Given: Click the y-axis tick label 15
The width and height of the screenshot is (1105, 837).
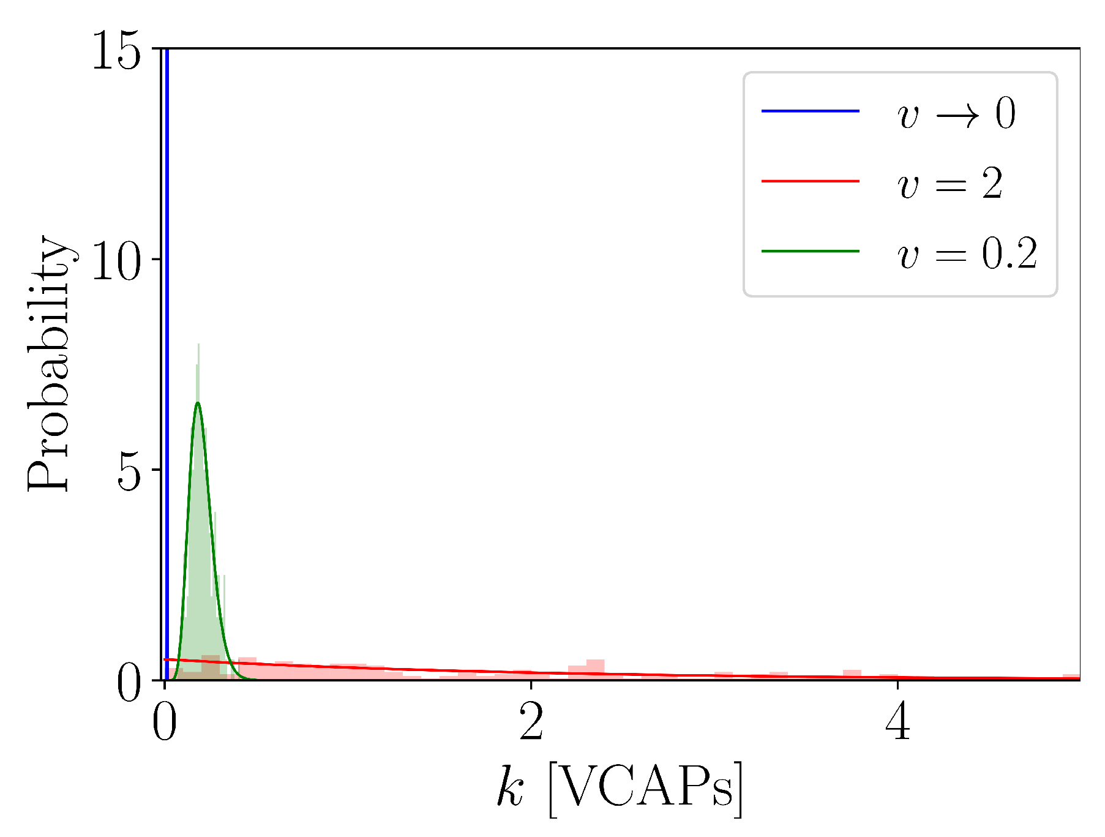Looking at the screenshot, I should pyautogui.click(x=116, y=51).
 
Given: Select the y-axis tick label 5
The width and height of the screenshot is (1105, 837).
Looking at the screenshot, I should pyautogui.click(x=130, y=471).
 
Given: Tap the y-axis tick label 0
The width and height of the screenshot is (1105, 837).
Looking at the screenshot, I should pyautogui.click(x=130, y=685).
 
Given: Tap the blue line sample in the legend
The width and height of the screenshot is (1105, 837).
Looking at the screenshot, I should pyautogui.click(x=810, y=111).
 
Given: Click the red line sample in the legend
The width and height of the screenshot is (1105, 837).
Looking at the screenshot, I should pyautogui.click(x=810, y=181).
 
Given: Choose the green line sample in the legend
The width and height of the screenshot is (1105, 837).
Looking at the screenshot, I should pyautogui.click(x=810, y=252).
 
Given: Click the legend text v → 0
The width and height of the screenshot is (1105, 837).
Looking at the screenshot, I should pyautogui.click(x=956, y=113).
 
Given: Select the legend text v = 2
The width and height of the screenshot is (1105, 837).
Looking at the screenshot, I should pyautogui.click(x=950, y=183).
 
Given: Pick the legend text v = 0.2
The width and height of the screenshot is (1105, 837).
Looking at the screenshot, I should pyautogui.click(x=967, y=253).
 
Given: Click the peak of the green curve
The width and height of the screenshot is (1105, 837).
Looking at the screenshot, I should pyautogui.click(x=198, y=403).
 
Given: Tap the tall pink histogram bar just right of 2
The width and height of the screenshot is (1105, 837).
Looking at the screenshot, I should pyautogui.click(x=595, y=669).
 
